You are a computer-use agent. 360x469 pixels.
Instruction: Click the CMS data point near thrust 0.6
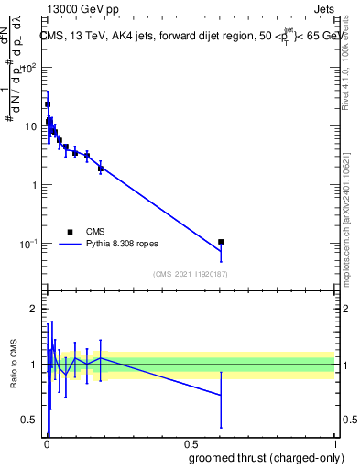(221, 242)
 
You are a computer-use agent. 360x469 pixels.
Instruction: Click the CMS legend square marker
(71, 232)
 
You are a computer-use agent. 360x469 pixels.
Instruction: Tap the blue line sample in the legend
(71, 245)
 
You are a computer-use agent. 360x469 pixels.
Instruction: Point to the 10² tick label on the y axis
(27, 68)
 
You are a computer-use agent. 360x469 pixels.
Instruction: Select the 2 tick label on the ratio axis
(34, 310)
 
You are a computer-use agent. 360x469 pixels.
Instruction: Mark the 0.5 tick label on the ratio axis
(29, 420)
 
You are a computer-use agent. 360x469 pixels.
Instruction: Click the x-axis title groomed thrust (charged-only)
(265, 459)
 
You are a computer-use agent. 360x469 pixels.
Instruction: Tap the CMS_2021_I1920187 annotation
(190, 274)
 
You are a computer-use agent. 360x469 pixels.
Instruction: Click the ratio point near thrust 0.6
(221, 395)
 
